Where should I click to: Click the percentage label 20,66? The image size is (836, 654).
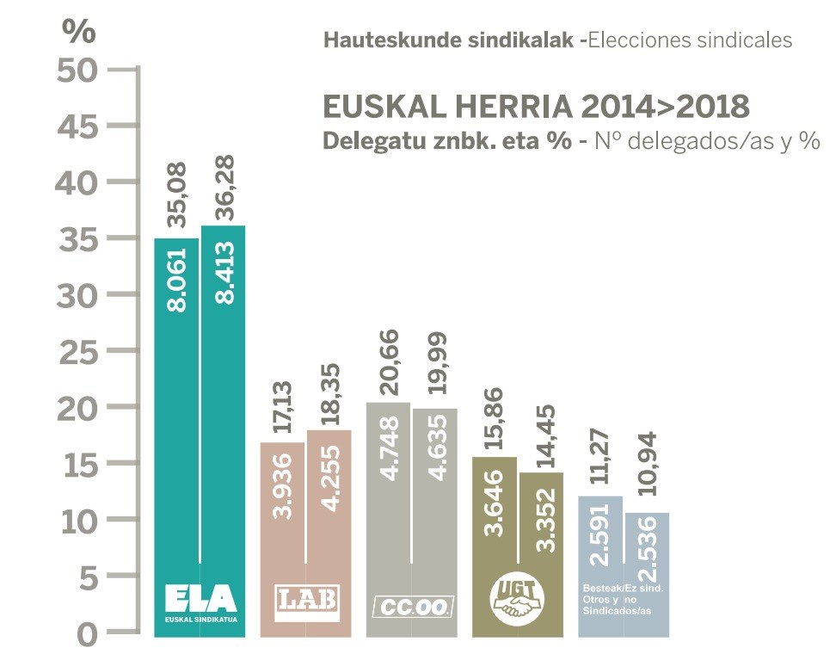[389, 361]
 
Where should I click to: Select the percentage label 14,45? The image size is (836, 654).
[543, 435]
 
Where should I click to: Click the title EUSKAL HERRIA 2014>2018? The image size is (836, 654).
[536, 108]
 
